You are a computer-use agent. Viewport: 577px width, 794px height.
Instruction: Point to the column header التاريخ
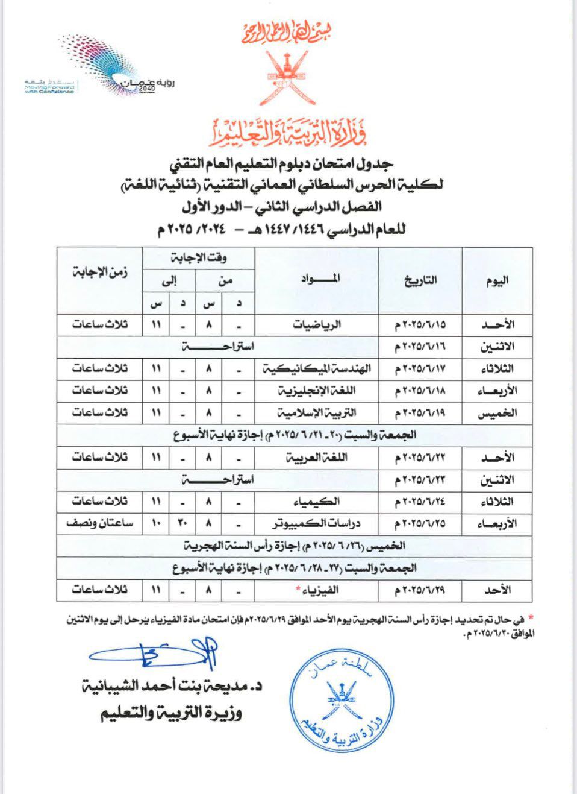pos(420,280)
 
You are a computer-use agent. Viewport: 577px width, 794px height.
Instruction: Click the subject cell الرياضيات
pos(317,324)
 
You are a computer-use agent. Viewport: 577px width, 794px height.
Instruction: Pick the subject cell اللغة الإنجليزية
pos(317,391)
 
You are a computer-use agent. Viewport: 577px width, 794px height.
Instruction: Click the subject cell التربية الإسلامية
pos(317,413)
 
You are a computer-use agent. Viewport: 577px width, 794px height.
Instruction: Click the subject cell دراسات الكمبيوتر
pos(317,523)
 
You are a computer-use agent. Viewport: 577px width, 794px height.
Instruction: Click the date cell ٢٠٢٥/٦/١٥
pos(420,324)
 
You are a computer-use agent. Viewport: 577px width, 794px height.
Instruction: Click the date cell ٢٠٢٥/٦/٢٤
pos(420,502)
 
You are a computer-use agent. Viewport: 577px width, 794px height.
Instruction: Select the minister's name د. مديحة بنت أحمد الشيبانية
pos(175,686)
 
